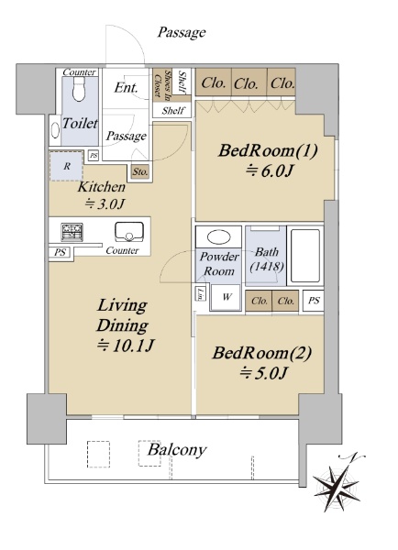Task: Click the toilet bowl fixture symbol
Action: tap(79, 89)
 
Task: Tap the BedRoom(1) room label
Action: tap(268, 151)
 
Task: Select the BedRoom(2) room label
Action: tap(262, 353)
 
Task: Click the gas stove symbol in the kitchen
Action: tap(72, 232)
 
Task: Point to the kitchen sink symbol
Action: tap(129, 232)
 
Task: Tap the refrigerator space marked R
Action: tap(67, 166)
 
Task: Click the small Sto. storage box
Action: tap(140, 172)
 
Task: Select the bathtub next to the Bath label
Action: tap(305, 256)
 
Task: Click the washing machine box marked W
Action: tap(226, 297)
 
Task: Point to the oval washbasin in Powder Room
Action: tap(219, 237)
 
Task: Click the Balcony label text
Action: tap(177, 450)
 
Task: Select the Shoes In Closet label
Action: tap(161, 83)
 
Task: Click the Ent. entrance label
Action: tap(126, 88)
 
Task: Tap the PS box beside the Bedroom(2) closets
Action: tap(314, 301)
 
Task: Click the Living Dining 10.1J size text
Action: tap(126, 346)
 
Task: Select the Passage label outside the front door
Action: tap(182, 33)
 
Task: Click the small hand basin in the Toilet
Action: tap(55, 130)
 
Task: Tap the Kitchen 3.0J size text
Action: tap(105, 203)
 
